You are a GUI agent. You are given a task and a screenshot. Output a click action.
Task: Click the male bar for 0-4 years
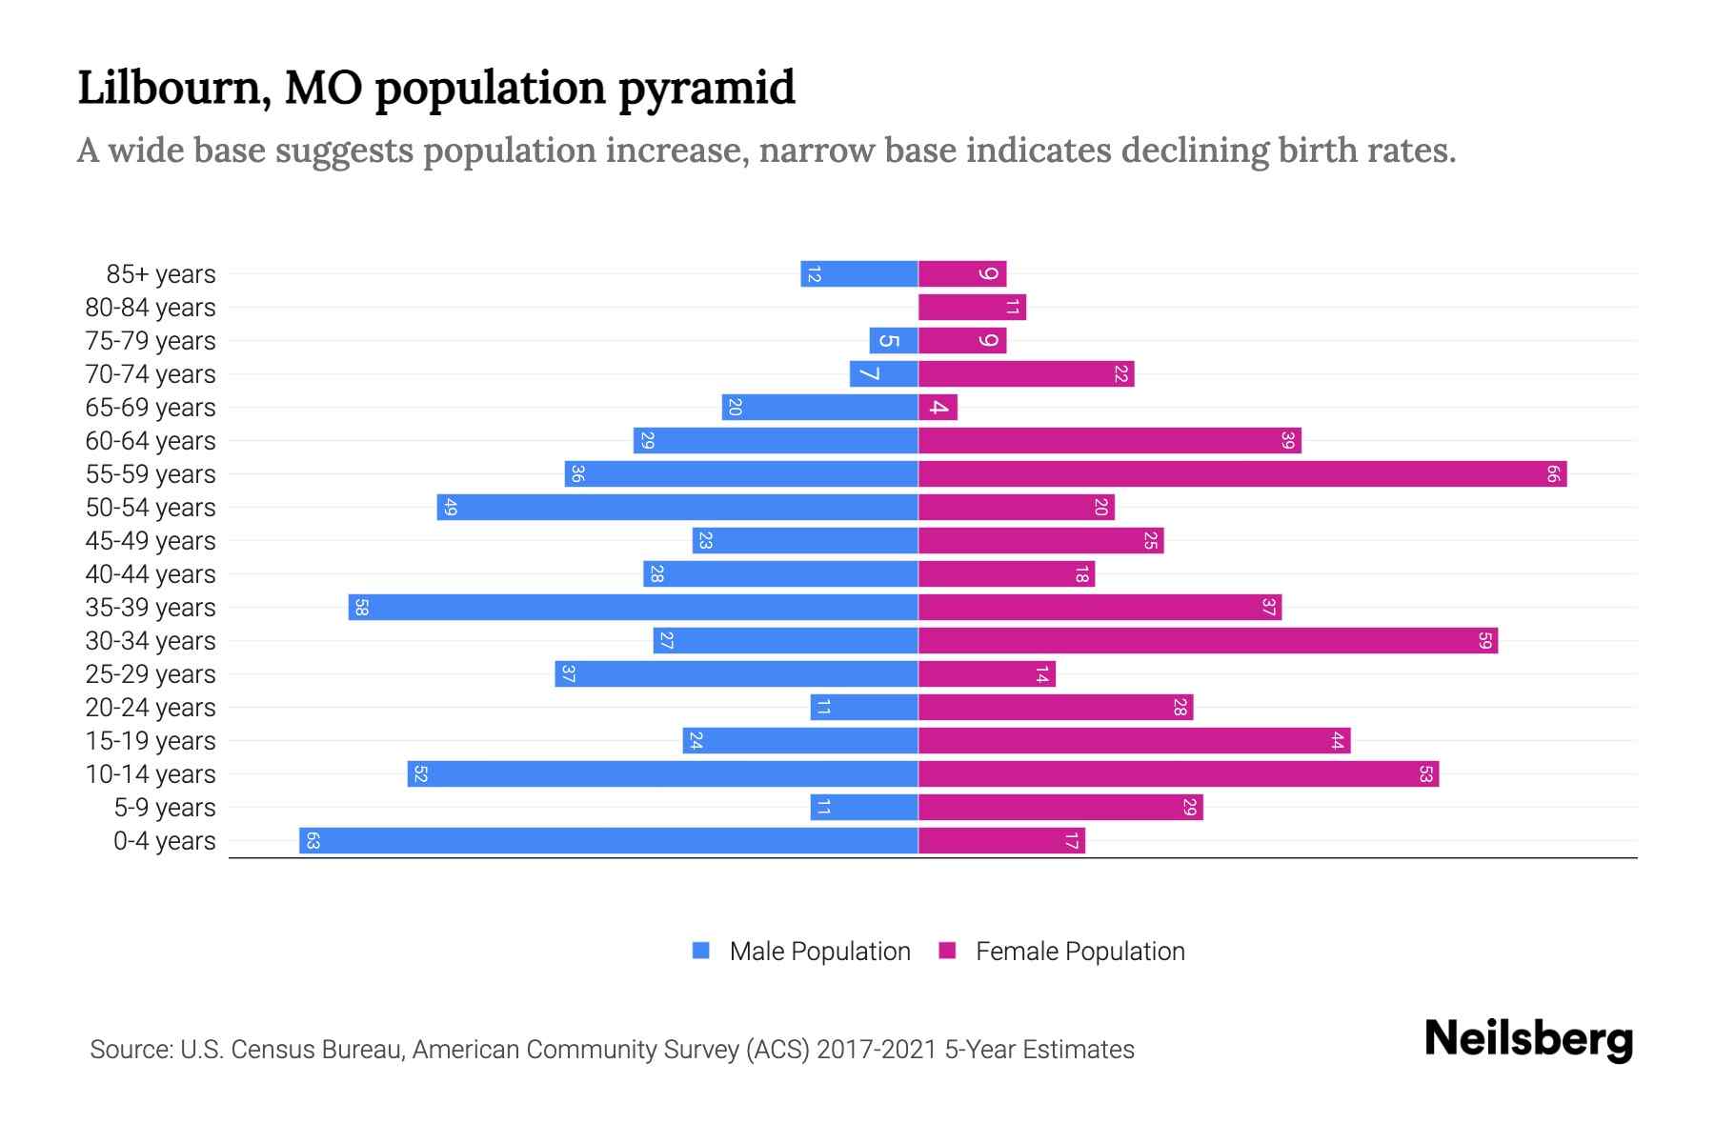(x=610, y=841)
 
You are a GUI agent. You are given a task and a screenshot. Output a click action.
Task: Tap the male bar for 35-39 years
(x=634, y=608)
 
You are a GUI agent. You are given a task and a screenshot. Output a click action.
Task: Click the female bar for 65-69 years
(x=938, y=408)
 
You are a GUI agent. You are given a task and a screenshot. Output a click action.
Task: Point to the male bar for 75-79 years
(x=894, y=341)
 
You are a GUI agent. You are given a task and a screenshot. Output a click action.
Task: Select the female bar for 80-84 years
(x=972, y=308)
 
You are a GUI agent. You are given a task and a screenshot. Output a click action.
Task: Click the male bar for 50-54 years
(x=676, y=508)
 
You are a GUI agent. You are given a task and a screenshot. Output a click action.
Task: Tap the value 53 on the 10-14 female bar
(x=1425, y=774)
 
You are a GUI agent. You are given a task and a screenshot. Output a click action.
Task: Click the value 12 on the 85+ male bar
(x=814, y=274)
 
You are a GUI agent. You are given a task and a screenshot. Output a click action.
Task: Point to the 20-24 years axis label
(x=151, y=708)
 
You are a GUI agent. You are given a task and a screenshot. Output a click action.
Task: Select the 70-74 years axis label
(x=151, y=374)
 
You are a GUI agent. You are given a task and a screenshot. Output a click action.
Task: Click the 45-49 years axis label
(x=151, y=541)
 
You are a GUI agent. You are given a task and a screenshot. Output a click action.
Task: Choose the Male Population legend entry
(x=819, y=952)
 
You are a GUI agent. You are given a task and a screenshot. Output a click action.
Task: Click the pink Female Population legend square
(x=947, y=951)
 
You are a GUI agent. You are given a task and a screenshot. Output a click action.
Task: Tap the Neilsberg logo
(x=1528, y=1039)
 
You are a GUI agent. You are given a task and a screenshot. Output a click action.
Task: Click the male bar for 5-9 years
(x=863, y=808)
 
